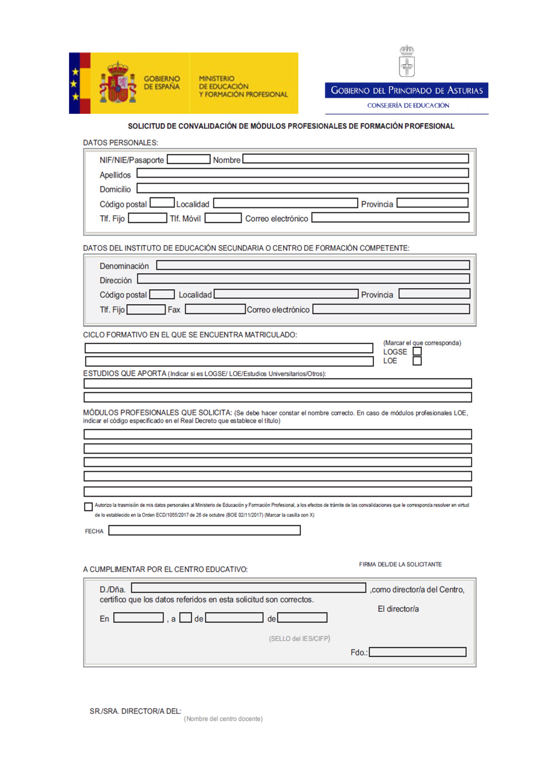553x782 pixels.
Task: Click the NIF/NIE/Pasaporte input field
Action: coord(189,159)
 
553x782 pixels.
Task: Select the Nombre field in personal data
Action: coord(355,159)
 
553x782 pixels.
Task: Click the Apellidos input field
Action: coord(302,173)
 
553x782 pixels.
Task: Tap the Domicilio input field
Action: coord(302,188)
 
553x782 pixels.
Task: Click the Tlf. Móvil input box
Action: coord(223,218)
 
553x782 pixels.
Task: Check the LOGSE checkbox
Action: coord(417,351)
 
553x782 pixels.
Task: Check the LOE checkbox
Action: coord(417,361)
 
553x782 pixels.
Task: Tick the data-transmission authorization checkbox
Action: coord(88,507)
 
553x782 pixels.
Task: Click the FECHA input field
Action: coord(204,530)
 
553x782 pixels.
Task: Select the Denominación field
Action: coord(312,265)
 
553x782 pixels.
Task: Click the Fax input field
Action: coord(215,309)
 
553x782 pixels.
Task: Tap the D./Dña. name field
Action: coord(248,588)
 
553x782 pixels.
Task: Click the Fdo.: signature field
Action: coord(418,652)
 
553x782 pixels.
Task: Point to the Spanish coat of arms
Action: coord(117,84)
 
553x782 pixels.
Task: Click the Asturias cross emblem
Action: coord(407,61)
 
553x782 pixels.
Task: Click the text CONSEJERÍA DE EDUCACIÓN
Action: coord(408,106)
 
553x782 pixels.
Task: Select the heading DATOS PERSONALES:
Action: coord(120,143)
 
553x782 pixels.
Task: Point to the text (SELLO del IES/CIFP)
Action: coord(299,639)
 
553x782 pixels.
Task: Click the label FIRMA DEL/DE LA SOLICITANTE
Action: coord(400,565)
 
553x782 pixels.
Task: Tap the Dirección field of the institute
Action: coord(303,279)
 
